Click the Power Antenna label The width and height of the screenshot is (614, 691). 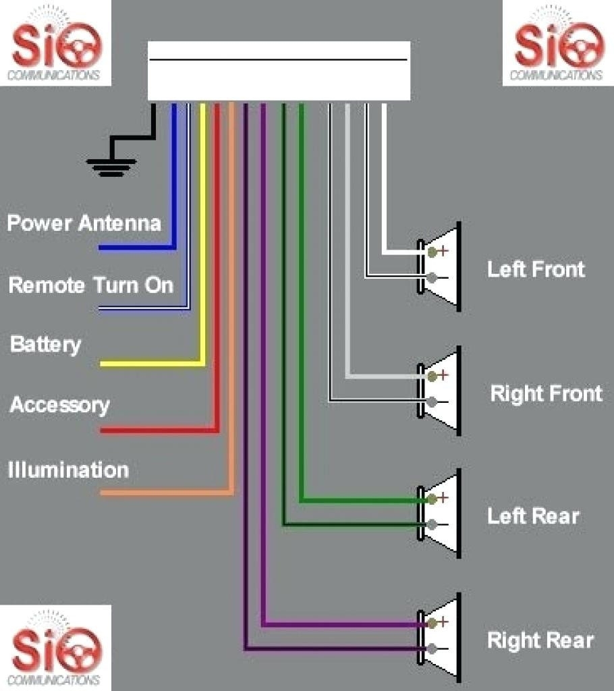[x=84, y=223]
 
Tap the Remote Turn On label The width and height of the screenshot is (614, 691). [x=90, y=285]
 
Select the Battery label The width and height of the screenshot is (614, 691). [x=45, y=344]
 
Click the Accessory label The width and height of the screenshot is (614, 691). [x=59, y=405]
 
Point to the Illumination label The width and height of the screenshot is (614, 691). [x=68, y=470]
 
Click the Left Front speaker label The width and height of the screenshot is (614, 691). [x=536, y=269]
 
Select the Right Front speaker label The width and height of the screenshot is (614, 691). [x=546, y=393]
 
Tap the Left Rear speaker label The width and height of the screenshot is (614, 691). [x=533, y=516]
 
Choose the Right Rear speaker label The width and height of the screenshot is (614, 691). [x=540, y=640]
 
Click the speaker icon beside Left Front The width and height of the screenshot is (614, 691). [x=441, y=267]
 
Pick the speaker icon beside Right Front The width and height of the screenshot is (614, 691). [x=441, y=390]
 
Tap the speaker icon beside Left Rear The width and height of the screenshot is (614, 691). [x=441, y=513]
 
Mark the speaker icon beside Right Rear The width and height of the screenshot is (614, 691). [x=441, y=636]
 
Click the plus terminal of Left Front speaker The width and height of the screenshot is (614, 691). [x=432, y=252]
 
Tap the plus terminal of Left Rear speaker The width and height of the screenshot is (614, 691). [x=432, y=499]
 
